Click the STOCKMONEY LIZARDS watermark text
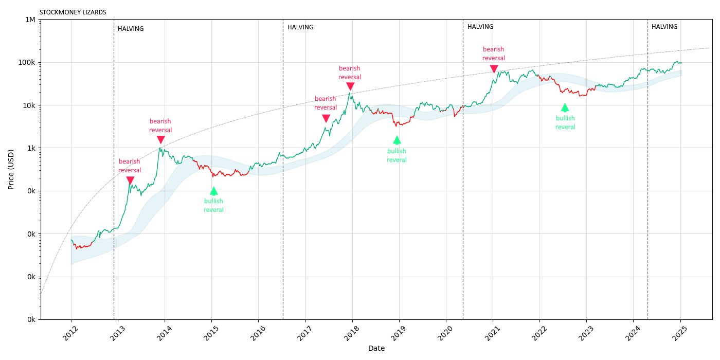(x=73, y=12)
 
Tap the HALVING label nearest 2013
(x=131, y=29)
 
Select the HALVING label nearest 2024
(x=664, y=27)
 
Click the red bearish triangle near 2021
(x=494, y=69)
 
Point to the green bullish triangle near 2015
(x=214, y=191)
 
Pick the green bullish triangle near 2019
(x=397, y=140)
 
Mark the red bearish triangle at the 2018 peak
(x=350, y=86)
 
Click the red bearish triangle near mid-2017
(x=326, y=118)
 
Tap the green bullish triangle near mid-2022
(x=565, y=107)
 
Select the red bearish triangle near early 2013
(x=130, y=180)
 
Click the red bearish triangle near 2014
(x=161, y=139)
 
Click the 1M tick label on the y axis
(x=30, y=20)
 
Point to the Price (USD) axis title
(x=11, y=169)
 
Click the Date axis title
(x=376, y=348)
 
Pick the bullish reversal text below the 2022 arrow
(x=565, y=122)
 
